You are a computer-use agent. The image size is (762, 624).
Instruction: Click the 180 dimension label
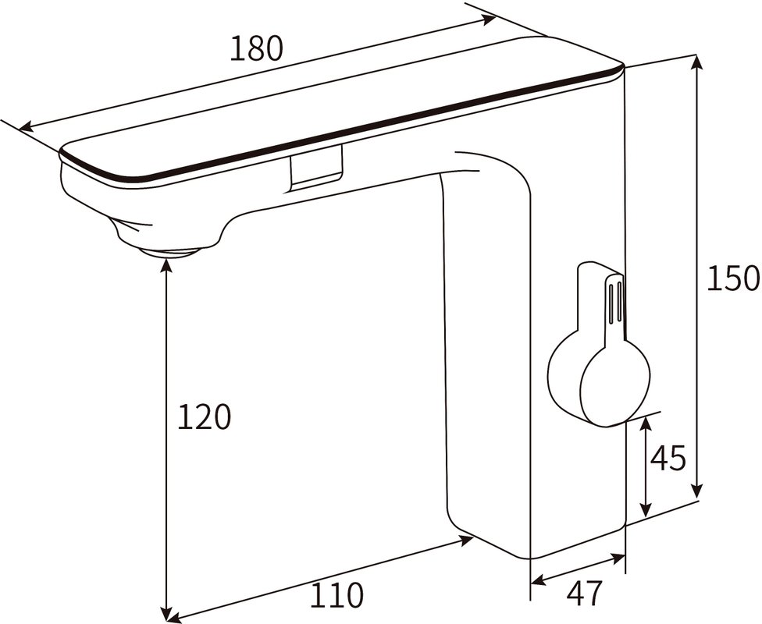click(256, 49)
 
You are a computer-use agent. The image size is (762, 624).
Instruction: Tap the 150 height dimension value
click(732, 278)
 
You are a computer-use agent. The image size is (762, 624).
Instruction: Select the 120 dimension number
click(205, 418)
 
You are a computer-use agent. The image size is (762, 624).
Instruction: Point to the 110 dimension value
click(337, 596)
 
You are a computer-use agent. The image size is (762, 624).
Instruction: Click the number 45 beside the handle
click(668, 459)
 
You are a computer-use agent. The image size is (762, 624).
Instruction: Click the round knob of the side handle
click(615, 384)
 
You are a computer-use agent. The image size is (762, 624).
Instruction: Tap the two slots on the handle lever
click(614, 300)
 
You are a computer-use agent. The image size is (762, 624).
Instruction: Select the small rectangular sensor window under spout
click(316, 170)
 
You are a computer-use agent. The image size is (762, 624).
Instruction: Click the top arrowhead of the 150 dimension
click(694, 62)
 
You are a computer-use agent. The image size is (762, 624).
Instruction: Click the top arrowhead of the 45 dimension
click(646, 423)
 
